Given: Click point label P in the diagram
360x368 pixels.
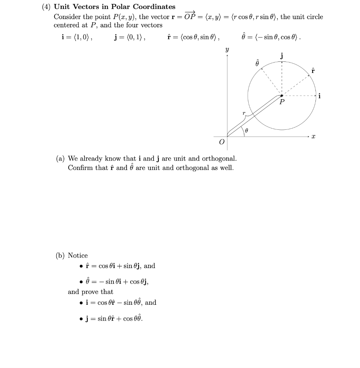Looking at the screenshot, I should pos(282,102).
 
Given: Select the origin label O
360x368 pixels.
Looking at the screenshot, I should pos(221,143).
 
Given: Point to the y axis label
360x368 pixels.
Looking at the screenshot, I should pos(227,50).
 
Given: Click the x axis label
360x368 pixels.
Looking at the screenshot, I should pos(313,137).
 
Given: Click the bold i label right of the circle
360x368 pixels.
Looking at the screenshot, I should pos(320,96).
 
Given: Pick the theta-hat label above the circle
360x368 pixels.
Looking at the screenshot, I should pos(257,62).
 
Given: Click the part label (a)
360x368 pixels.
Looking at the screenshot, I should pos(60,158).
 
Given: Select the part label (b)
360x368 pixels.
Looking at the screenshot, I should pos(60,256).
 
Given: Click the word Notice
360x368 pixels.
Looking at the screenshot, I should pos(78,256).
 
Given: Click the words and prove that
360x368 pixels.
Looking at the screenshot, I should pos(90,292).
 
